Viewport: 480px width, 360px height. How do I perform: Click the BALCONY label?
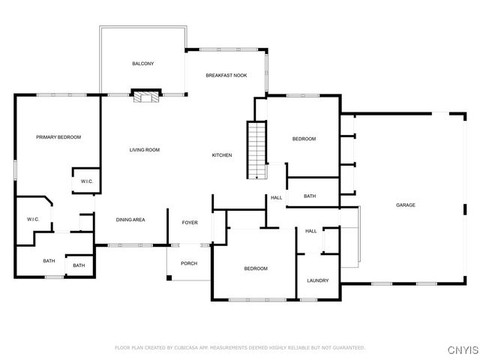point(143,64)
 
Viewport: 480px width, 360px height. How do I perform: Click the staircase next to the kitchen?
point(257,150)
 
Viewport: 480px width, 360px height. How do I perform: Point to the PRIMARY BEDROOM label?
point(58,137)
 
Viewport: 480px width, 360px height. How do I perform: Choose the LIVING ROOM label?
point(145,150)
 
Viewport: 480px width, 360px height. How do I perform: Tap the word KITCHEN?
point(222,155)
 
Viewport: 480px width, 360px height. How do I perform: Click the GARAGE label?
point(406,205)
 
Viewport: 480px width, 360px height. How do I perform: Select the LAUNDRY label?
point(318,280)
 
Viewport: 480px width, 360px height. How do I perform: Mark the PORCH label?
point(189,263)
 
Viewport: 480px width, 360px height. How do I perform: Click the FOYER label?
point(190,223)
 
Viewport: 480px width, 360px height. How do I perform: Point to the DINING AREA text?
point(130,220)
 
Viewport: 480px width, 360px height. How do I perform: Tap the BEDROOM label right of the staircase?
point(304,139)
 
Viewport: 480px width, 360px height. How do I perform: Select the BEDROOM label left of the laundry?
point(255,268)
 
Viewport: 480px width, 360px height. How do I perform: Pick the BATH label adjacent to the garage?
point(310,196)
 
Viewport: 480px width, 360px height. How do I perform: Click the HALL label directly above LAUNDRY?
point(310,231)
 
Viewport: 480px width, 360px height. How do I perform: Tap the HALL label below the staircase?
point(276,198)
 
